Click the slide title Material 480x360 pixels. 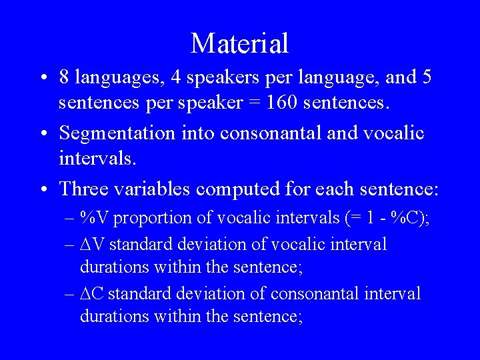point(239,43)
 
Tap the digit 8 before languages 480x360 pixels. point(65,77)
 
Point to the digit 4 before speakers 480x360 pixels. point(176,77)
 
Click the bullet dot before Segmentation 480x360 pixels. point(43,134)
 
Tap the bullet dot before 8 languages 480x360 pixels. point(43,78)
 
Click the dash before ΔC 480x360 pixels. point(70,294)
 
